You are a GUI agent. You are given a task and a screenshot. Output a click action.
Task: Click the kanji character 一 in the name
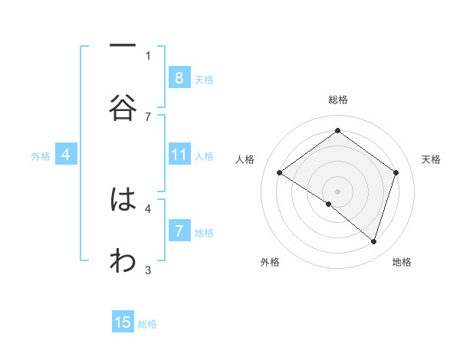point(123,47)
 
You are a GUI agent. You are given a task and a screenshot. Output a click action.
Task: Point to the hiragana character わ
point(123,261)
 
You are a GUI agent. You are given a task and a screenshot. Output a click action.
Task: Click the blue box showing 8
point(179,78)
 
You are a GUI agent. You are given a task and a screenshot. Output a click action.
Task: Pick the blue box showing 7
point(179,231)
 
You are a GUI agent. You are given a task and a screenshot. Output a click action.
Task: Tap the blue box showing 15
point(123,322)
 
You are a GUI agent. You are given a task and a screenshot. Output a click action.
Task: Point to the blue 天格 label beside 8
point(204,79)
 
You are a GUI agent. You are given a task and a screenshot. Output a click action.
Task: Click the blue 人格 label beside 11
point(204,156)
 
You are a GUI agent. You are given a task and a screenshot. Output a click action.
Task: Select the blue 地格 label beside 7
point(204,232)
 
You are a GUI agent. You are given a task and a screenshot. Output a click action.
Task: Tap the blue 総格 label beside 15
point(147,323)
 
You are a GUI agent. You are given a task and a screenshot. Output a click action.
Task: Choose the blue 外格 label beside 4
point(41,156)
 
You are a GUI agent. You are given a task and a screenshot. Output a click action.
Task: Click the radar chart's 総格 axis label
point(337,100)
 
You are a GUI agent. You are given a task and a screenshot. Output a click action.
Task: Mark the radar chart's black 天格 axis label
point(431,159)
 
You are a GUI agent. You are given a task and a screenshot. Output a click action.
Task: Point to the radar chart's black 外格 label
point(270,262)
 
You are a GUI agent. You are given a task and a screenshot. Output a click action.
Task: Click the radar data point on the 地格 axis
point(374,242)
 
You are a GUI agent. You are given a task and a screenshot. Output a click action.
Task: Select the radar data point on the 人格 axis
point(279,173)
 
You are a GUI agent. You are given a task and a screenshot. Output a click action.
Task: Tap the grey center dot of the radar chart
point(337,191)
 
